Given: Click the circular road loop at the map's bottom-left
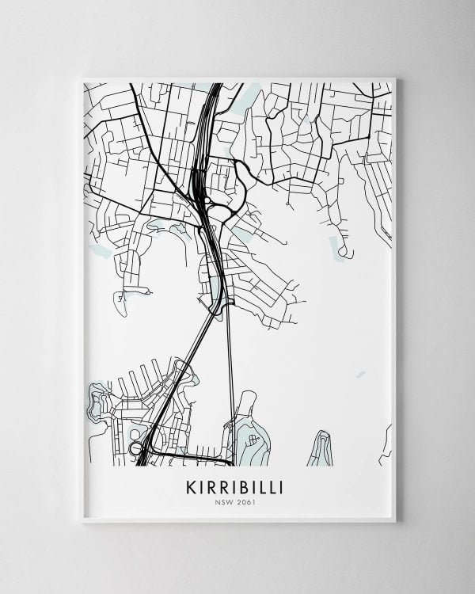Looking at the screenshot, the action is [x=135, y=448].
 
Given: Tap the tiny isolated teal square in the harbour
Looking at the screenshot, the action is [x=361, y=374].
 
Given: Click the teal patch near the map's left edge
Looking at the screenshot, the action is [x=101, y=250].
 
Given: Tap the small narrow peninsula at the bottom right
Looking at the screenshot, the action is [x=321, y=447].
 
